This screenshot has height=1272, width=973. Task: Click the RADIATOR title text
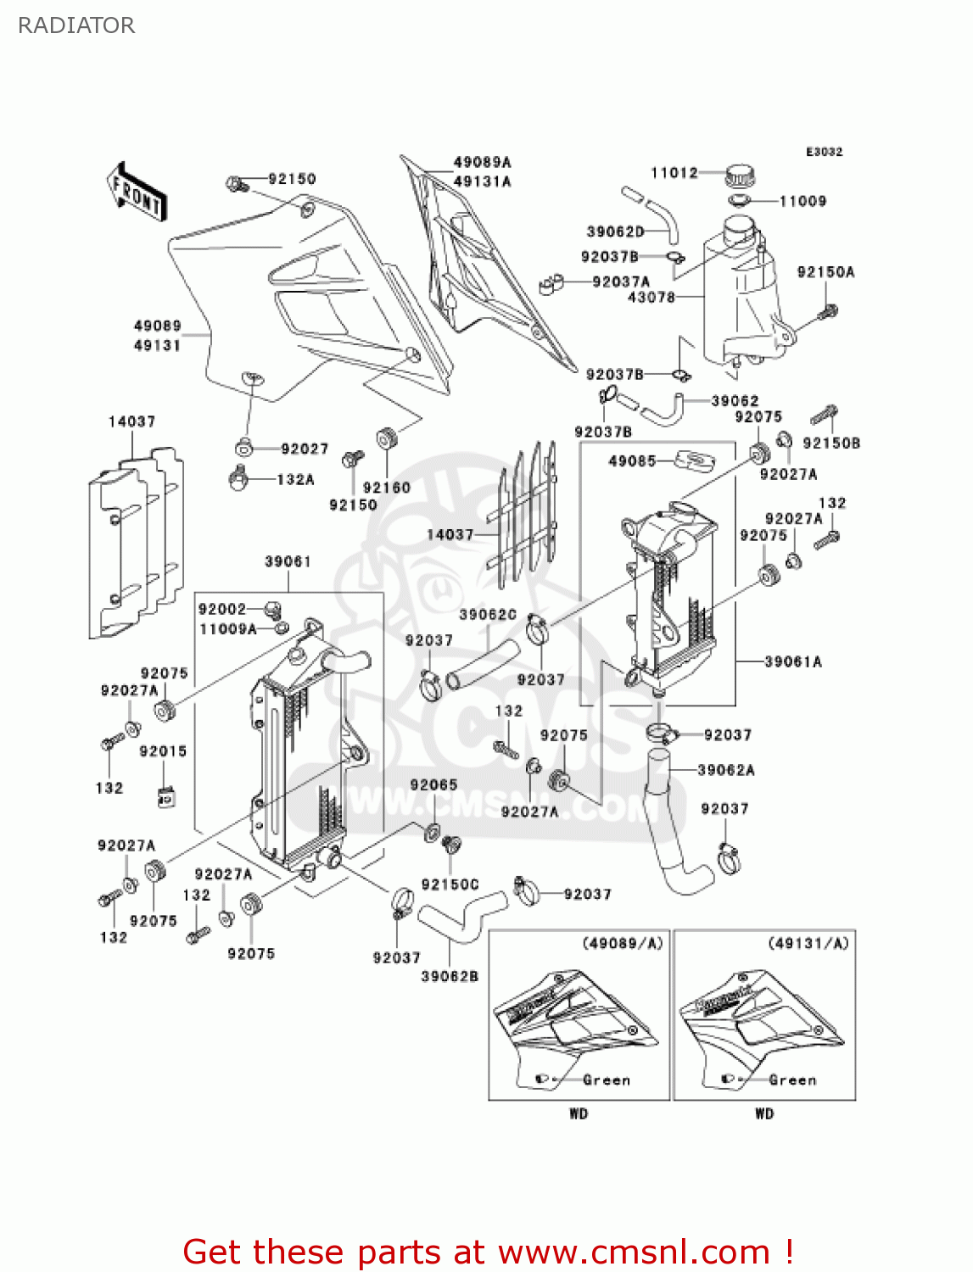pyautogui.click(x=76, y=25)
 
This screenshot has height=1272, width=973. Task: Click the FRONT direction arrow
pyautogui.click(x=137, y=192)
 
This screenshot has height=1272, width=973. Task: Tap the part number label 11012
pyautogui.click(x=674, y=173)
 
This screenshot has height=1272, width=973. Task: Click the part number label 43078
pyautogui.click(x=651, y=298)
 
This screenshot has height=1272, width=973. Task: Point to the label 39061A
pyautogui.click(x=792, y=661)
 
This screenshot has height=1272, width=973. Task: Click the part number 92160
pyautogui.click(x=386, y=488)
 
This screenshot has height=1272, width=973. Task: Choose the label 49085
pyautogui.click(x=632, y=461)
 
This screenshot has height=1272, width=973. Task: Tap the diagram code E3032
pyautogui.click(x=824, y=152)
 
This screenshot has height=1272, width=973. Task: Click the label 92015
pyautogui.click(x=163, y=751)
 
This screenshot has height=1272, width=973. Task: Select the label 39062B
pyautogui.click(x=450, y=977)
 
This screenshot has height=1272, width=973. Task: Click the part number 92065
pyautogui.click(x=433, y=785)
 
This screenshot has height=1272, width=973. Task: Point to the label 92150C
pyautogui.click(x=450, y=884)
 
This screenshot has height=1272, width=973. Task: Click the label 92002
pyautogui.click(x=221, y=609)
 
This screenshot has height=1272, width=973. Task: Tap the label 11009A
pyautogui.click(x=227, y=629)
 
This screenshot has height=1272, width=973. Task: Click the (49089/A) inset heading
pyautogui.click(x=622, y=943)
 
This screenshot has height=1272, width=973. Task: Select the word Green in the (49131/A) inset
pyautogui.click(x=792, y=1080)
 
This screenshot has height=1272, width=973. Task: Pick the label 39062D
pyautogui.click(x=615, y=232)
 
